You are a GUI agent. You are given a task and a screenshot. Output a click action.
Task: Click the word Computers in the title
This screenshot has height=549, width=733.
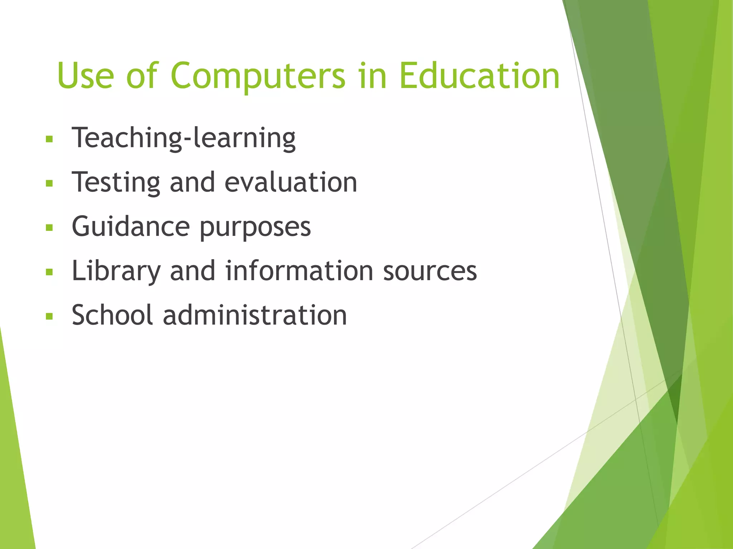coord(258,76)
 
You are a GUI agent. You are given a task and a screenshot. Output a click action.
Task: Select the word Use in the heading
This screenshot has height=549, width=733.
coord(85,76)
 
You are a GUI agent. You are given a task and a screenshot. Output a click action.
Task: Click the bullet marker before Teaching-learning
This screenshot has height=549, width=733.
coord(49,139)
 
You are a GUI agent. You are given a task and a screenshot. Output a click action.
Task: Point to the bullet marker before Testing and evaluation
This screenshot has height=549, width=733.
coord(49,184)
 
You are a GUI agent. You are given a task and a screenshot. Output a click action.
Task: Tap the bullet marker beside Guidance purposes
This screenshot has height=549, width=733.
coord(49,228)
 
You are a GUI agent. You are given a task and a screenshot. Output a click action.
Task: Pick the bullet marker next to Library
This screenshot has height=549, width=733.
coord(49,272)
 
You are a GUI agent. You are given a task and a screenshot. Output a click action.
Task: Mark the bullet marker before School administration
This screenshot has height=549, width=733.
coord(49,316)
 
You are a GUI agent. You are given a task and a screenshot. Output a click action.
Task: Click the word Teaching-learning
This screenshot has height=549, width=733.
coord(184,138)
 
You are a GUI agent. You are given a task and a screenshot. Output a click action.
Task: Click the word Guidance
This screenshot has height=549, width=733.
coord(131,227)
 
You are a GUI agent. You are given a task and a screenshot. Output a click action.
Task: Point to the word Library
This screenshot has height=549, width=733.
coord(116,271)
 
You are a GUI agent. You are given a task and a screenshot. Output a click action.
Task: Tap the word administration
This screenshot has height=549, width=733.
coord(255,315)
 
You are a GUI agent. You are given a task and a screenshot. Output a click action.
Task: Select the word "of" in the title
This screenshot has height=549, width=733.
coord(142,76)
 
